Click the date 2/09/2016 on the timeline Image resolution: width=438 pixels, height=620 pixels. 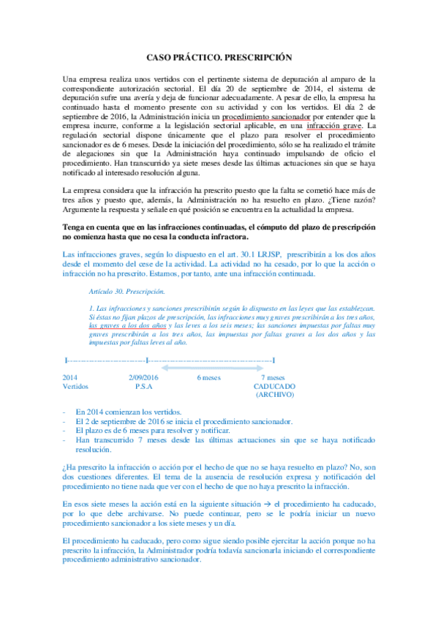[x=143, y=377]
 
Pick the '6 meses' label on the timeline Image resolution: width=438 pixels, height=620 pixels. [x=209, y=377]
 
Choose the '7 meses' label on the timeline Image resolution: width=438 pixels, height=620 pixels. [x=272, y=377]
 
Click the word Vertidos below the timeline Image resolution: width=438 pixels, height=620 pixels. [x=76, y=385]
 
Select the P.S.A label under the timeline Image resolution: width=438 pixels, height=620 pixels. [x=143, y=385]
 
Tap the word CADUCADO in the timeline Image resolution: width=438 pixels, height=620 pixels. [x=275, y=385]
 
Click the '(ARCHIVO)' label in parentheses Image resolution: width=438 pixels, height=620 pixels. [x=275, y=394]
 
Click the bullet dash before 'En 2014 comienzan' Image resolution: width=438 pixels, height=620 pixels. [x=66, y=412]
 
